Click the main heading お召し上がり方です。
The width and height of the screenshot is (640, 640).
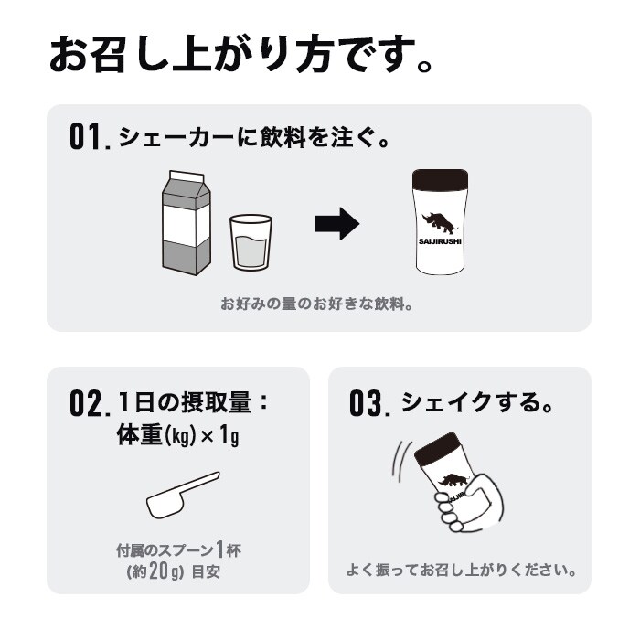pos(240,57)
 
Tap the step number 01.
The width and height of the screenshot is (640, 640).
pos(90,138)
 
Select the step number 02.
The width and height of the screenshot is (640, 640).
pos(90,402)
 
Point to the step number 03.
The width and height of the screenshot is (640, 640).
pos(370,403)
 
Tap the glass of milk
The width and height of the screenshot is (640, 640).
pos(251,242)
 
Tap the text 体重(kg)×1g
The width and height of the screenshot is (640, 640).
pos(176,435)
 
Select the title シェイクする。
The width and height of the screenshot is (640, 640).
pos(478,402)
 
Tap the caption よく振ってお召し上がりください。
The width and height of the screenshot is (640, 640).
pos(461,570)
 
